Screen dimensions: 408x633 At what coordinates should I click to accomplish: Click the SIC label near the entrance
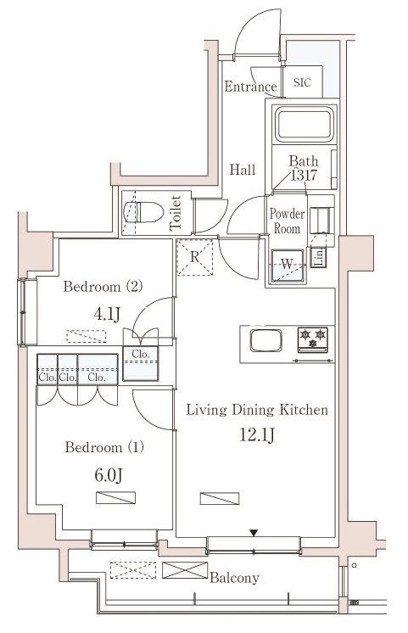302,82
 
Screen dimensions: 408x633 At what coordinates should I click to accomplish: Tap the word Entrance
250,87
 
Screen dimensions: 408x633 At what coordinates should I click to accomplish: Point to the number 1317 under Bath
304,175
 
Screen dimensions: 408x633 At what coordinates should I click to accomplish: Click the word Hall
242,170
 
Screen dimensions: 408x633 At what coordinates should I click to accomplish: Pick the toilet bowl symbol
143,212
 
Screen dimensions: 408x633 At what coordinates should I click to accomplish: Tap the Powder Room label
287,221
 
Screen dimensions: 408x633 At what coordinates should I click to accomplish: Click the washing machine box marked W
287,266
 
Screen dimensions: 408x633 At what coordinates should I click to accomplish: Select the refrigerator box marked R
194,257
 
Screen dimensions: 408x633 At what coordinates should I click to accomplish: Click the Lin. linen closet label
319,257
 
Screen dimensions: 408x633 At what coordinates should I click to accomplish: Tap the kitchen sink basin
265,341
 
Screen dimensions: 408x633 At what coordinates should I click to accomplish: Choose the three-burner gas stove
313,339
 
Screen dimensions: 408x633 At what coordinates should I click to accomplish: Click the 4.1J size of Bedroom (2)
107,314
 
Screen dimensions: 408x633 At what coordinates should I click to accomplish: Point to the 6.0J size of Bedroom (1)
109,475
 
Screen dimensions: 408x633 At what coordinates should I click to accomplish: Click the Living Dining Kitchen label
257,410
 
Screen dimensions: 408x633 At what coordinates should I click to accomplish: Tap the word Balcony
234,578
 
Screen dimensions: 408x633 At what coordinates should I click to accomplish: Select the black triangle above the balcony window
253,533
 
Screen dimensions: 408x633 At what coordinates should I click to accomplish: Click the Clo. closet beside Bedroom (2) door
141,363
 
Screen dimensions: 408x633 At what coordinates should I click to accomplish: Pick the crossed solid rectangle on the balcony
185,570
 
